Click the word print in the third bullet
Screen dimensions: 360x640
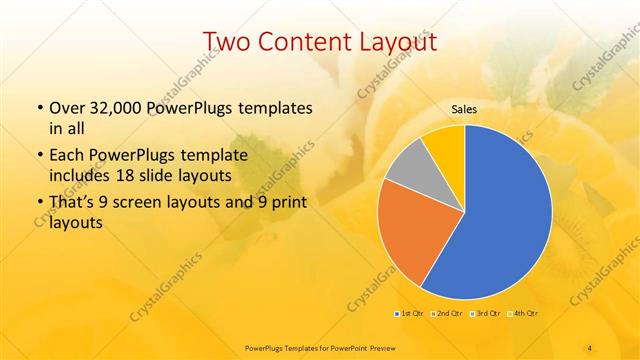(274, 205)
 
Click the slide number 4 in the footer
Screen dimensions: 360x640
(590, 347)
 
